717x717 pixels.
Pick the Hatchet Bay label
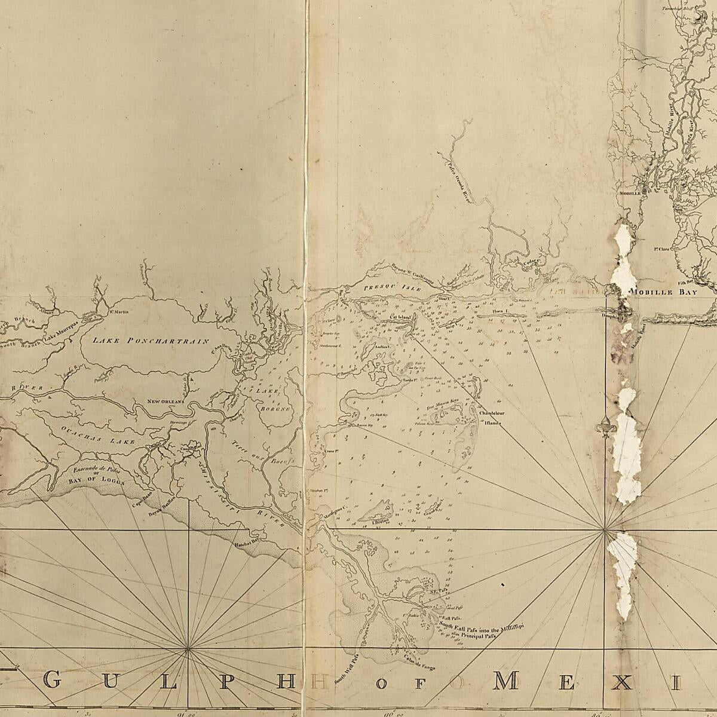click(247, 544)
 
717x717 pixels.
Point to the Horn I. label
click(499, 311)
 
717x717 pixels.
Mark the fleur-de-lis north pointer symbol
click(605, 429)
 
